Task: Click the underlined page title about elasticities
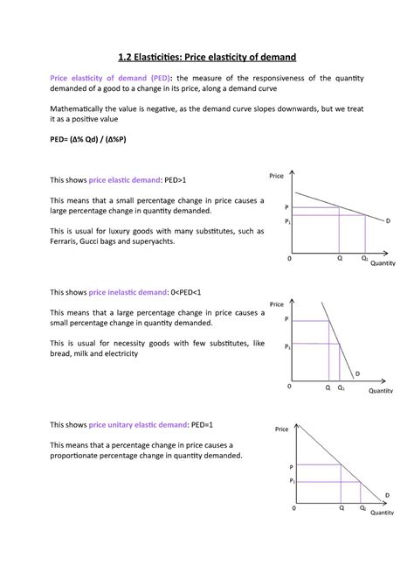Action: (207, 57)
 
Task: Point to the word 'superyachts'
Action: (151, 241)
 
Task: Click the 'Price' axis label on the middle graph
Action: (277, 303)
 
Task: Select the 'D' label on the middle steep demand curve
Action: (356, 373)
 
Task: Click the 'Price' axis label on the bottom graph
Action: (281, 429)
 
